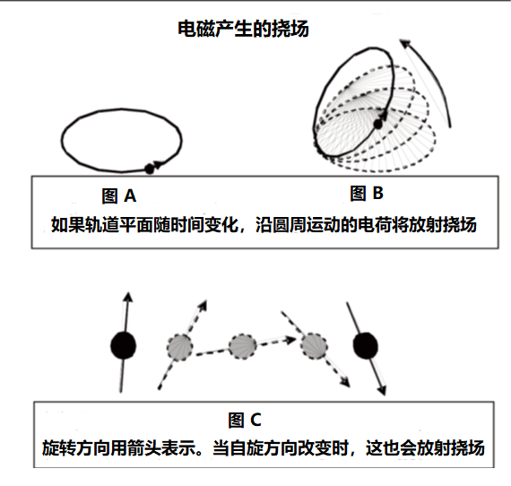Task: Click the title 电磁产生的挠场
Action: [x=243, y=29]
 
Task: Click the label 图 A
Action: [x=119, y=195]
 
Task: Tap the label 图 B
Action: [x=367, y=193]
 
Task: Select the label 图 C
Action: [x=245, y=420]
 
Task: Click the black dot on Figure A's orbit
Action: [x=149, y=169]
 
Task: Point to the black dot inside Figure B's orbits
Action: [x=377, y=124]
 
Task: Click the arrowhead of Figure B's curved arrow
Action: [x=405, y=43]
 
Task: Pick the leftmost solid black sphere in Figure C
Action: [x=123, y=345]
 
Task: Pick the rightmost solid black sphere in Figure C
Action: [x=366, y=345]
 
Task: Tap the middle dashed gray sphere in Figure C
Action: [x=242, y=346]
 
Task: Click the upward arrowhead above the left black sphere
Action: [x=128, y=297]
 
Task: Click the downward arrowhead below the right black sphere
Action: [x=382, y=390]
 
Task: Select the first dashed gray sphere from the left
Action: [x=179, y=347]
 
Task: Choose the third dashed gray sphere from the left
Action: [x=314, y=346]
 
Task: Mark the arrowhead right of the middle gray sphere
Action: [x=290, y=340]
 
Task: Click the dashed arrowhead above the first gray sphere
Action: [x=203, y=305]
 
